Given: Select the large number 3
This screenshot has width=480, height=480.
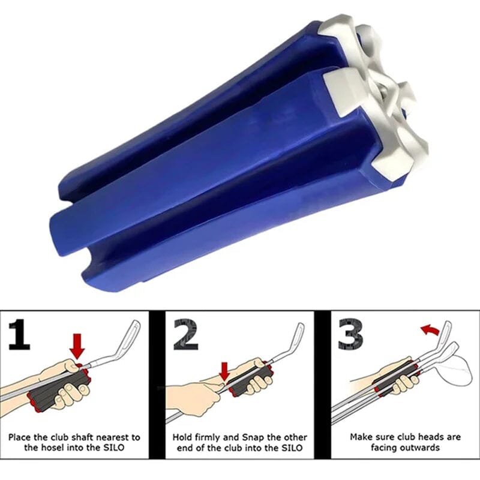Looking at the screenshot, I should [350, 336].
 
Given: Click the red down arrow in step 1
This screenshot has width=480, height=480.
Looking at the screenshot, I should [77, 346].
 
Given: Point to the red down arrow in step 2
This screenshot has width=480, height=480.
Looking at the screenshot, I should [224, 370].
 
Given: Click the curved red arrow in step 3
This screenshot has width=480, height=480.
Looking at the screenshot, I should [427, 328].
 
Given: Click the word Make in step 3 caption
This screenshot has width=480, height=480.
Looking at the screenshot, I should [362, 437].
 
